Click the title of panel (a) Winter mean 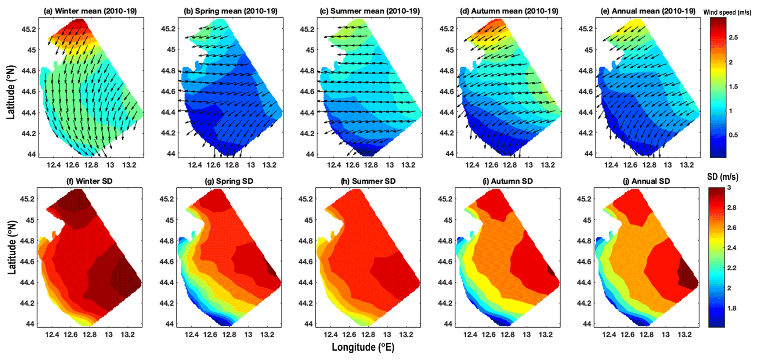[x=90, y=11]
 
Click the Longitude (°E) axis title [x=363, y=348]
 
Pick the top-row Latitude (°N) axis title [x=11, y=92]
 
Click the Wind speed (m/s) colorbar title [x=727, y=12]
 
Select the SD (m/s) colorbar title [x=723, y=177]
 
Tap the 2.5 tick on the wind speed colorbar [x=733, y=37]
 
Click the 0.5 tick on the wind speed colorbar [x=733, y=135]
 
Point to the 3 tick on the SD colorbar [x=729, y=187]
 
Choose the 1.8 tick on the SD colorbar [x=731, y=308]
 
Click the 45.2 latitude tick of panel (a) [x=28, y=29]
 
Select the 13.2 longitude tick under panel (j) [x=684, y=335]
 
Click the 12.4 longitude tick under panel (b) [x=195, y=165]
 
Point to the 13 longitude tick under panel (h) [x=387, y=335]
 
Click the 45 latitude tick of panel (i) [x=448, y=220]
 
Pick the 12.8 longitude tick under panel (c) [x=371, y=165]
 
